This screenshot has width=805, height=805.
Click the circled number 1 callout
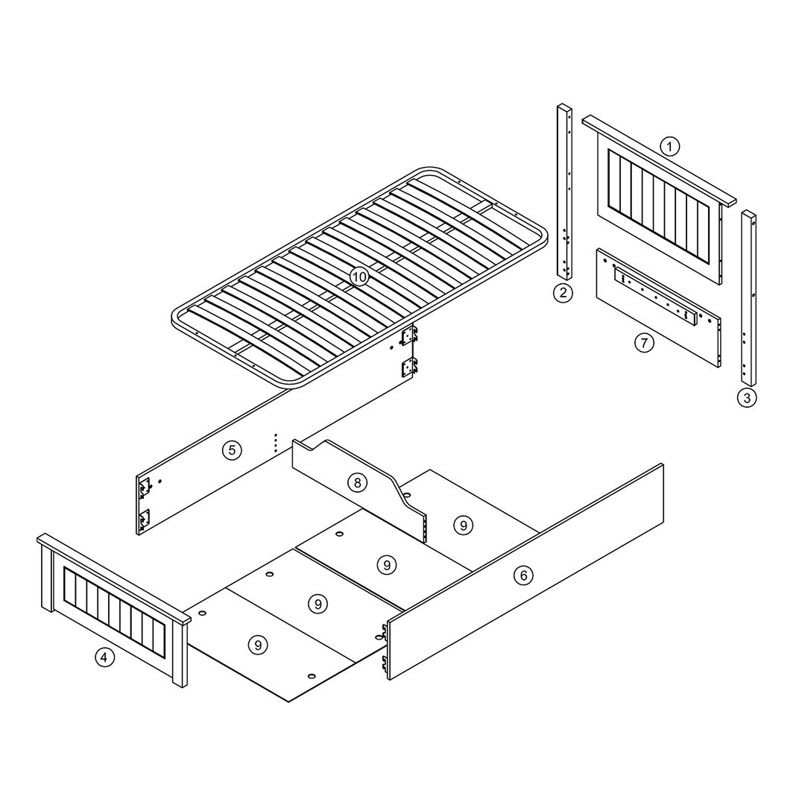[669, 147]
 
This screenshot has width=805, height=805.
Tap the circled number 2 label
[563, 293]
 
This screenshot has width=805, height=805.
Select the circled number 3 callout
[746, 397]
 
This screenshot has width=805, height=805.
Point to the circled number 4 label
[104, 657]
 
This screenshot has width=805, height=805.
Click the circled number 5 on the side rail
[232, 450]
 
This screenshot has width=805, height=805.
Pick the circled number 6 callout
[524, 575]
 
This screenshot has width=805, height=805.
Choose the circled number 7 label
[644, 342]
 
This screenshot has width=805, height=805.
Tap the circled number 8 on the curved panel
[357, 482]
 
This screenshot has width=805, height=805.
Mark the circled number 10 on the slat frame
[359, 277]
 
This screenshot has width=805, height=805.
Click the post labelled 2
[565, 192]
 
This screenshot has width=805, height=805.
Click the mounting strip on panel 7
[657, 297]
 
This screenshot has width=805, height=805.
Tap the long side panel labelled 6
[525, 572]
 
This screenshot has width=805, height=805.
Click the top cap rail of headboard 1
[659, 160]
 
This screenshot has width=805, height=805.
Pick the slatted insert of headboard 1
[658, 194]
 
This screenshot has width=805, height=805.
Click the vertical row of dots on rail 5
[276, 443]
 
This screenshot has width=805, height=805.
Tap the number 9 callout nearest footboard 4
[258, 644]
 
